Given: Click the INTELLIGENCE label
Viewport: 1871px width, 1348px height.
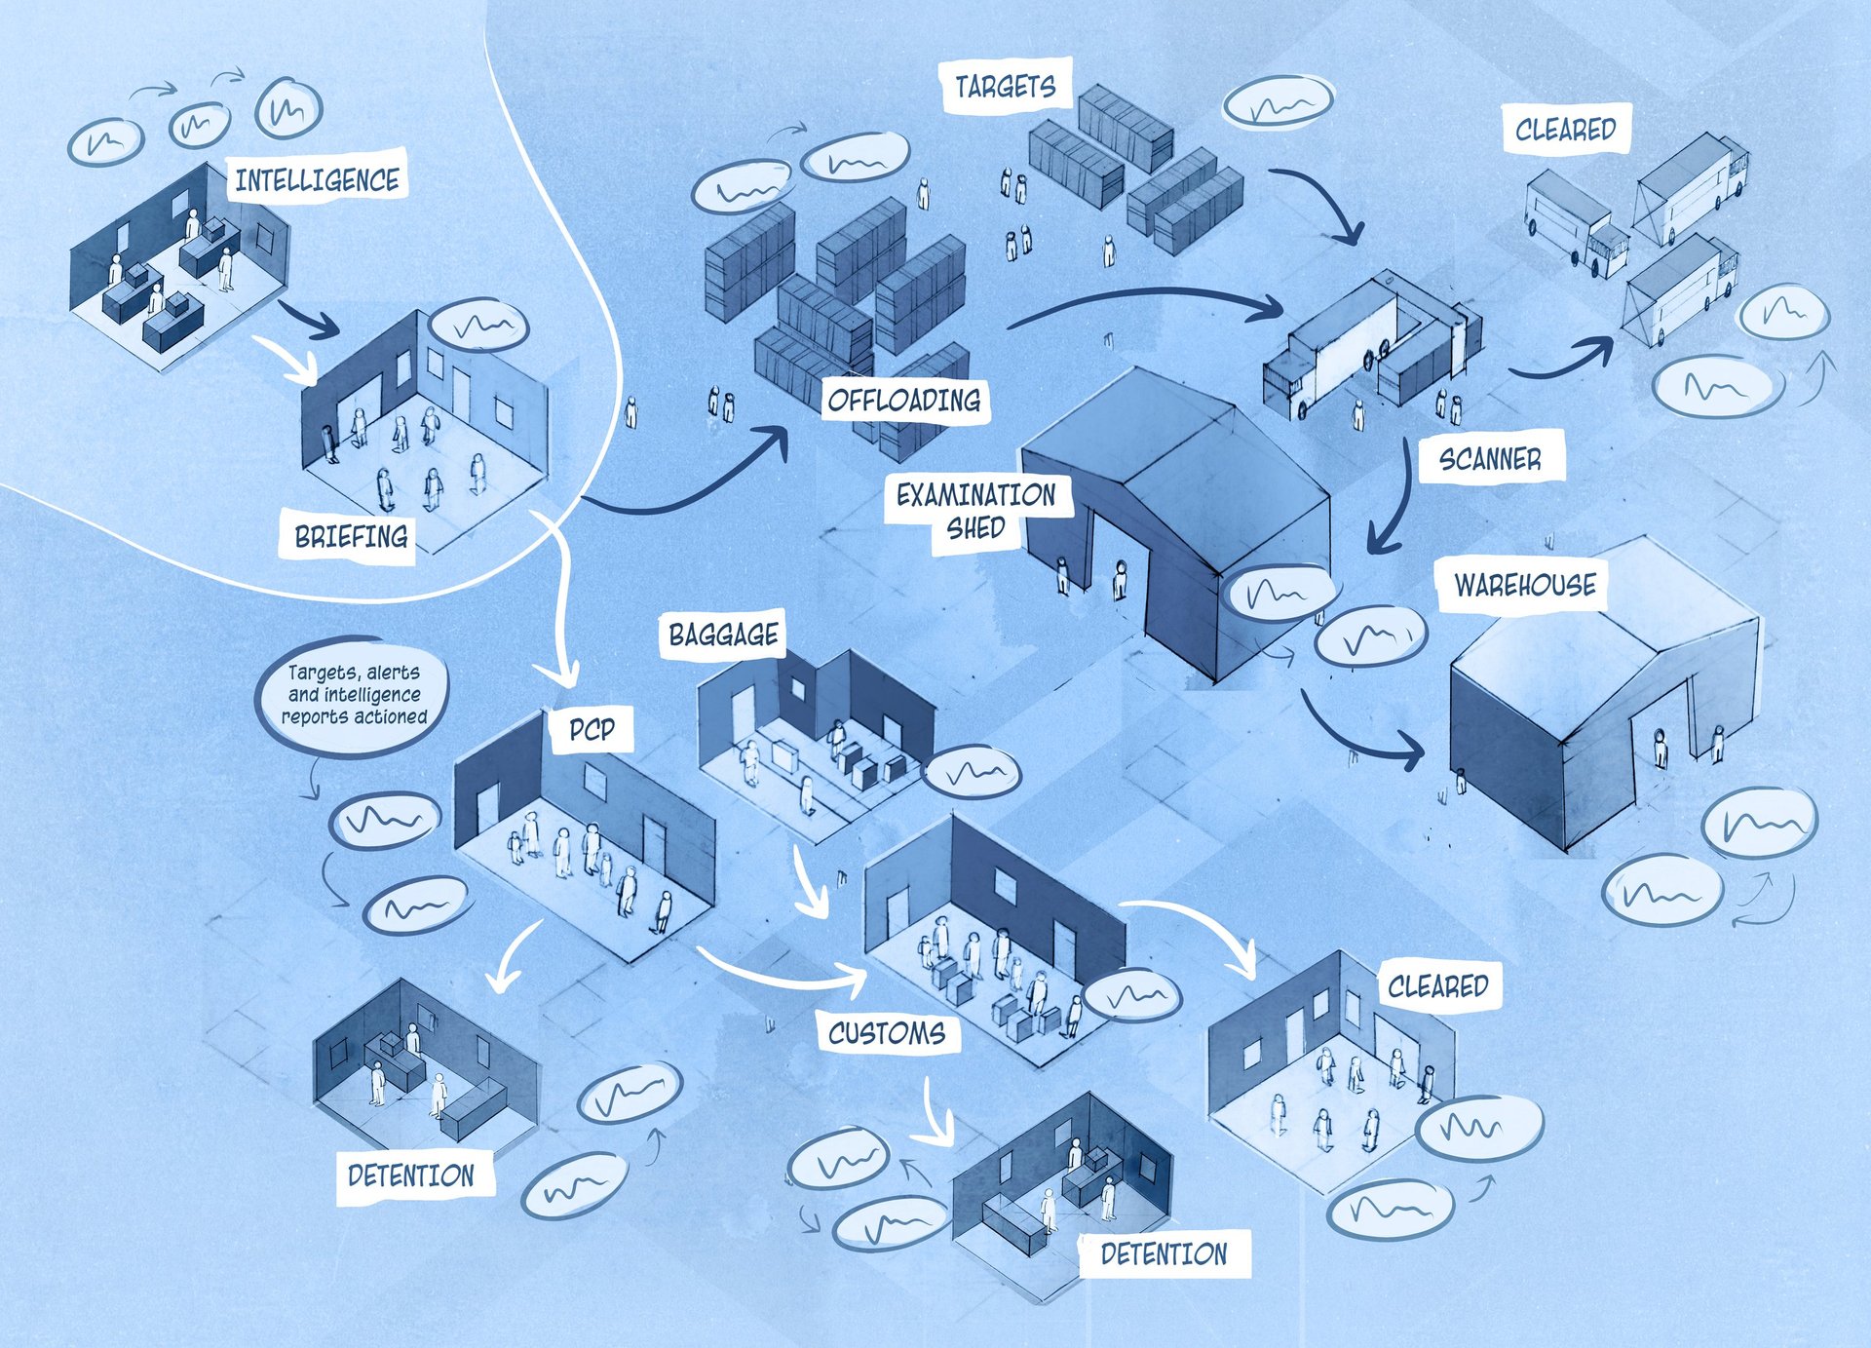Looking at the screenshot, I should (317, 179).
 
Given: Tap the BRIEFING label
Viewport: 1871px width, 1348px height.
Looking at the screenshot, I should (351, 536).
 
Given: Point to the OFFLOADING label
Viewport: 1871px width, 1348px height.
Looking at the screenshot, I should (903, 400).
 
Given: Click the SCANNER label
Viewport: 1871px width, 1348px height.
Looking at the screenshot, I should (1490, 458).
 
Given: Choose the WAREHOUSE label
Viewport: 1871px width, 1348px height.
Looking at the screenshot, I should (1525, 585).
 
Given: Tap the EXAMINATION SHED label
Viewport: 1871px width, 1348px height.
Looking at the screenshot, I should (975, 510).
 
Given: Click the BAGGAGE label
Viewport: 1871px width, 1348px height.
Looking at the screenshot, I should (723, 635).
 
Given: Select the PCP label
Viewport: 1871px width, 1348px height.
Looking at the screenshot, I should (592, 729).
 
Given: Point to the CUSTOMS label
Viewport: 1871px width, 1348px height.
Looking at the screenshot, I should (886, 1032).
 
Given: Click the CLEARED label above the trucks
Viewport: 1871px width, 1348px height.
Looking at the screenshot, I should (1565, 129).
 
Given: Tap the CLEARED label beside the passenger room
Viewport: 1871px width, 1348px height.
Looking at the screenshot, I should (1437, 986).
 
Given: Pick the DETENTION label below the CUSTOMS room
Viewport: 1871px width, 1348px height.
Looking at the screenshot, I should (1164, 1253).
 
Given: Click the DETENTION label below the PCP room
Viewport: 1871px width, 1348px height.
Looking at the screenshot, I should (410, 1175).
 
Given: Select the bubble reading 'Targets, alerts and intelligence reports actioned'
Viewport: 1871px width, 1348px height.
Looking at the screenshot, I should (354, 694).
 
